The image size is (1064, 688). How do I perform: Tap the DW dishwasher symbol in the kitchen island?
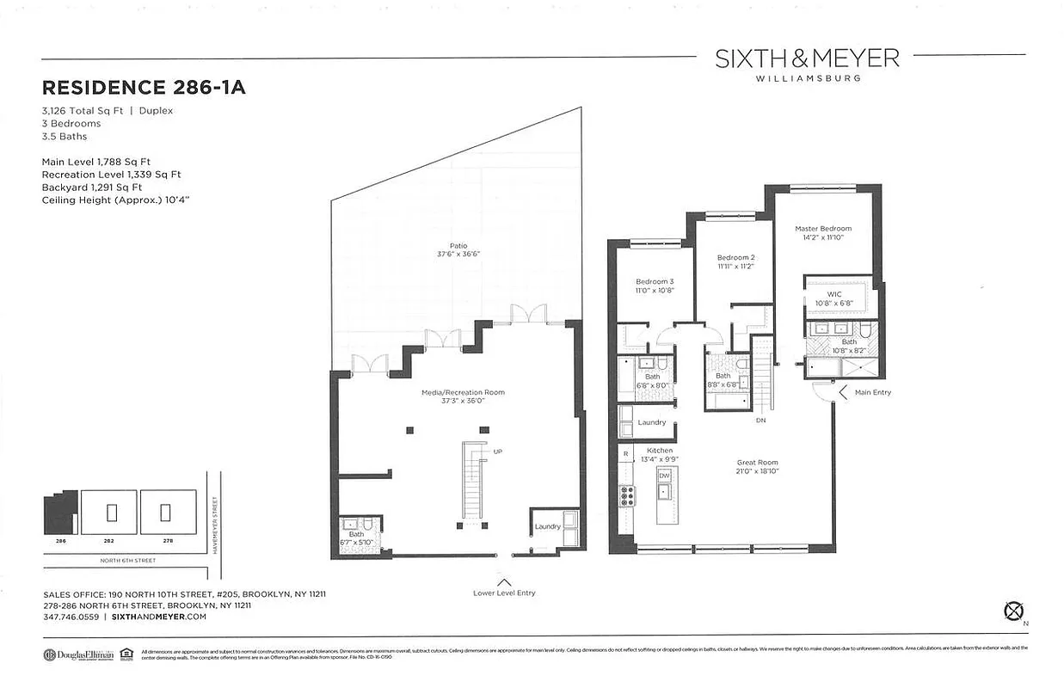pos(664,475)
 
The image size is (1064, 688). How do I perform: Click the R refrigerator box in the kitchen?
pos(625,452)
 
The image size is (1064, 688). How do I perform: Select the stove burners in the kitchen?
pos(626,495)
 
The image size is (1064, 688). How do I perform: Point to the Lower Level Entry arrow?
pos(504,582)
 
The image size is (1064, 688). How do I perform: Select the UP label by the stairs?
pos(497,451)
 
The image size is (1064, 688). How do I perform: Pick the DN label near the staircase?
pos(760,421)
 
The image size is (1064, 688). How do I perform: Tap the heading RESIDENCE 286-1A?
pos(144,88)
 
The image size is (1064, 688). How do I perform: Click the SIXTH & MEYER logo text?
pos(807,58)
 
